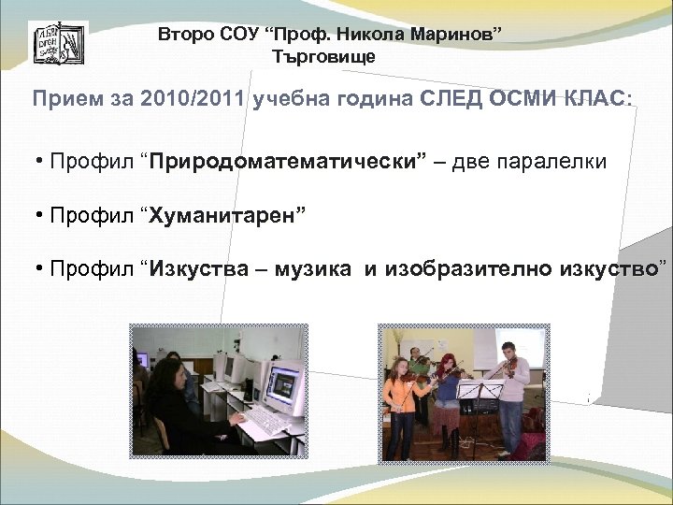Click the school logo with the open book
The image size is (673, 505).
click(58, 45)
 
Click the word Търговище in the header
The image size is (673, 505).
click(323, 57)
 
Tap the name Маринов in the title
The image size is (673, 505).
click(459, 36)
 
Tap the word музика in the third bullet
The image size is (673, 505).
click(314, 271)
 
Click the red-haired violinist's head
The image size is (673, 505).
click(448, 360)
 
